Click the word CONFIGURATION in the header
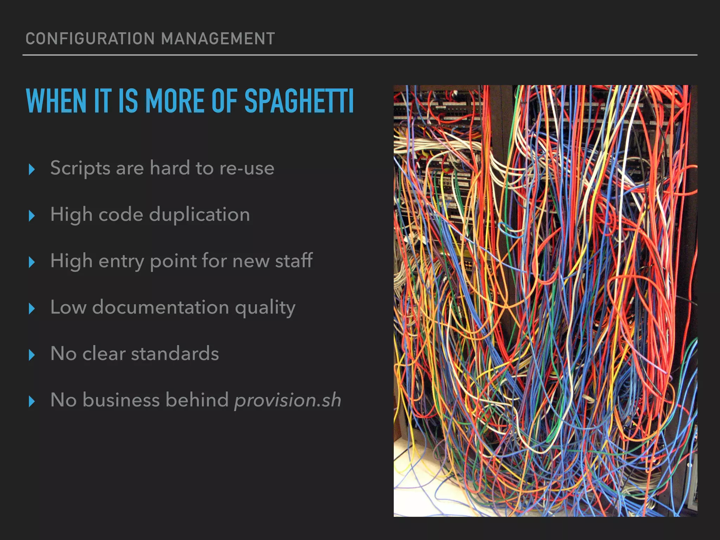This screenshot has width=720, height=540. tap(90, 39)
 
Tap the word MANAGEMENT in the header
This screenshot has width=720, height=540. tap(218, 39)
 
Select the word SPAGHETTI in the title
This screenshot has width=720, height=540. tap(299, 101)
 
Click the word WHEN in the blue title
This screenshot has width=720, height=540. tap(56, 101)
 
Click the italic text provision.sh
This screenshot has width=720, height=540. tap(288, 400)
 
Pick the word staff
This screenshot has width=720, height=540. tap(294, 261)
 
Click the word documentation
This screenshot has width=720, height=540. tap(161, 307)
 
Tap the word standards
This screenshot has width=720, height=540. tap(175, 353)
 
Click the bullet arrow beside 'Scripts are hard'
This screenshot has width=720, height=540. tap(32, 169)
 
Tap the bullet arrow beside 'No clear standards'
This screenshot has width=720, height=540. tap(32, 355)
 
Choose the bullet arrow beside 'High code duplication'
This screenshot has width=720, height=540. tap(32, 216)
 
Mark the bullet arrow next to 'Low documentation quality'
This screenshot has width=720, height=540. tap(32, 309)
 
